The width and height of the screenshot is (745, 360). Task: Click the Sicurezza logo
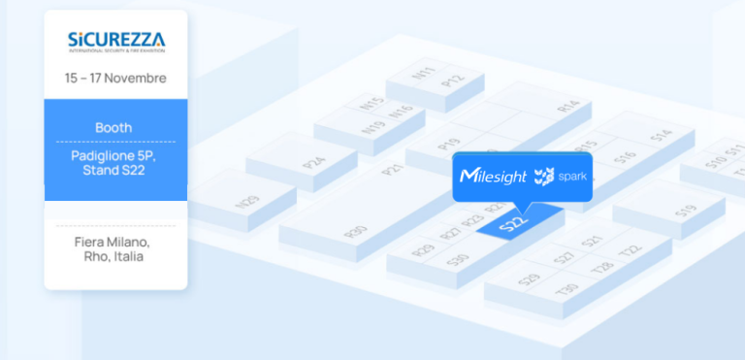pyautogui.click(x=115, y=42)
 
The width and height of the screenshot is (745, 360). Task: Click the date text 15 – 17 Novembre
pyautogui.click(x=115, y=78)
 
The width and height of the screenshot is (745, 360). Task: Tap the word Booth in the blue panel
pyautogui.click(x=113, y=127)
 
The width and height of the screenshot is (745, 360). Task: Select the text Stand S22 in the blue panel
pyautogui.click(x=115, y=171)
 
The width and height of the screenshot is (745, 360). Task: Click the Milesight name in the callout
pyautogui.click(x=494, y=177)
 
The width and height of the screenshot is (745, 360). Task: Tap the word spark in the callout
pyautogui.click(x=572, y=177)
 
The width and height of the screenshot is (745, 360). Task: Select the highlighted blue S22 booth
pyautogui.click(x=513, y=225)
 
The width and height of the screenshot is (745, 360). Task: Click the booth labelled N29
pyautogui.click(x=247, y=202)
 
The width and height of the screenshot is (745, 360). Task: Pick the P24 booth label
pyautogui.click(x=314, y=162)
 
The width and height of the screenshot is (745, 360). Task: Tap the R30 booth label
pyautogui.click(x=356, y=232)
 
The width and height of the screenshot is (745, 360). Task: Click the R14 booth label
pyautogui.click(x=568, y=106)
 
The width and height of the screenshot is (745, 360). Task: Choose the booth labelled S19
pyautogui.click(x=686, y=210)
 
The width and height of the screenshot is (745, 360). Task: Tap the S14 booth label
pyautogui.click(x=662, y=137)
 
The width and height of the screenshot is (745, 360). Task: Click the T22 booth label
pyautogui.click(x=632, y=249)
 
